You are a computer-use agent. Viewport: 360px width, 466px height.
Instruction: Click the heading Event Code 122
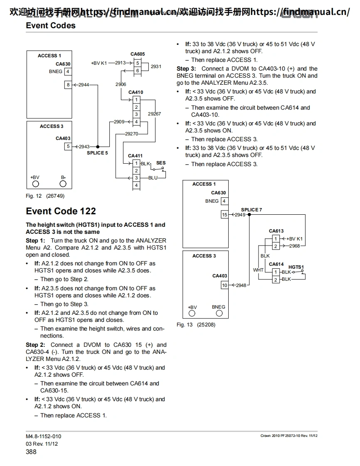tap(61, 211)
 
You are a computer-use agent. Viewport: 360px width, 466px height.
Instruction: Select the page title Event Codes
tap(51, 25)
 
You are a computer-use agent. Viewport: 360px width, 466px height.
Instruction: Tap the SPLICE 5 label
tap(97, 153)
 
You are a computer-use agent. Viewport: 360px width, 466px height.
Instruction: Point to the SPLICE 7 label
tap(252, 210)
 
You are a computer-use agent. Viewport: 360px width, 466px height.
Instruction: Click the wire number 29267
tap(154, 114)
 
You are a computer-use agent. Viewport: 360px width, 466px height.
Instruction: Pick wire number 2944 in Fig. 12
tap(84, 85)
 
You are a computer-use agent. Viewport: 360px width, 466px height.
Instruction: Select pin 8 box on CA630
tap(67, 85)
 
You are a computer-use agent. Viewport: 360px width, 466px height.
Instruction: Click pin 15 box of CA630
tap(224, 215)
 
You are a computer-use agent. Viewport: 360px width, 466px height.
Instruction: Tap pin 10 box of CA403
tap(224, 285)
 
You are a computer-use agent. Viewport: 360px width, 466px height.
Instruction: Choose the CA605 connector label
tap(138, 54)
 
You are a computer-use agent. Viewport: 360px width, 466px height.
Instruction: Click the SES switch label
tap(160, 163)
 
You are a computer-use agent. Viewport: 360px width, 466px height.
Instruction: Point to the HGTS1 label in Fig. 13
tap(296, 267)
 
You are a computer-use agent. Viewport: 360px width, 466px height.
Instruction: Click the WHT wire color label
tap(258, 270)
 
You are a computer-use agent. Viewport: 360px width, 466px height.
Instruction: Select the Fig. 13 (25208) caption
tap(196, 325)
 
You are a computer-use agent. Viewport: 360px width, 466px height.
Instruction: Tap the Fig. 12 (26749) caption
tap(45, 196)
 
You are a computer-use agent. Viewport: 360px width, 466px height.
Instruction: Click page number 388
tap(31, 451)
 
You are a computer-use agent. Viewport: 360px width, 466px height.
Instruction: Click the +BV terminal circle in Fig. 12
tap(36, 184)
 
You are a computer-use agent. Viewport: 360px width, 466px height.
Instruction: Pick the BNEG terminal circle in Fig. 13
tap(219, 314)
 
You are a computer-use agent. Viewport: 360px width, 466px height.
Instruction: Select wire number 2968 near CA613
tap(294, 246)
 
